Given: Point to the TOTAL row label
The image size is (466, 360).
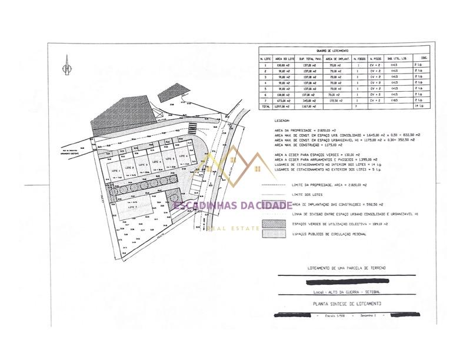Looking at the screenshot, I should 266,106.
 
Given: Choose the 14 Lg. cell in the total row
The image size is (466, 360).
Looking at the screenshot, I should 420,106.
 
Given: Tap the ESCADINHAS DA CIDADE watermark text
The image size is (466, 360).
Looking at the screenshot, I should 233,205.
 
